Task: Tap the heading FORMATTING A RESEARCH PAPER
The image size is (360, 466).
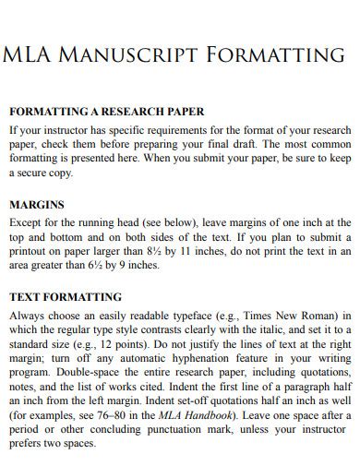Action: pos(106,112)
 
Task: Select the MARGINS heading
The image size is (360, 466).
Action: pos(37,205)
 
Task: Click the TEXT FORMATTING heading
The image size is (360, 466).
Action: pos(66,297)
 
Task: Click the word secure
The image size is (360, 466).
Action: pos(36,173)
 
